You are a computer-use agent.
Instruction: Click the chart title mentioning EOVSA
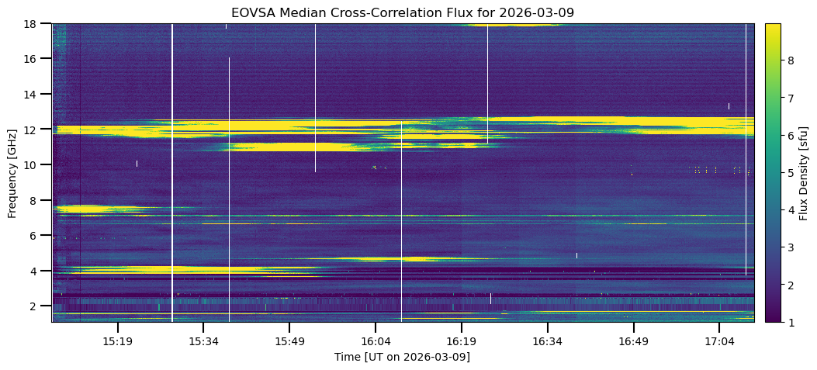click(x=402, y=12)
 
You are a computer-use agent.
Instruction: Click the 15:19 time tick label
click(x=117, y=341)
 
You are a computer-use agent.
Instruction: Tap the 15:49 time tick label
click(x=289, y=341)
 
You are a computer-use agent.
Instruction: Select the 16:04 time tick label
click(x=376, y=341)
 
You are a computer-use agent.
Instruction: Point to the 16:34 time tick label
click(x=547, y=341)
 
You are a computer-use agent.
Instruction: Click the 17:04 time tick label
click(x=719, y=341)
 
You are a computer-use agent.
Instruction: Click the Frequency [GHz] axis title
click(x=12, y=172)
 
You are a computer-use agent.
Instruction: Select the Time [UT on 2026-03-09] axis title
click(x=402, y=357)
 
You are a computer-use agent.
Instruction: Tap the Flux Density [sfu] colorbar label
click(x=804, y=172)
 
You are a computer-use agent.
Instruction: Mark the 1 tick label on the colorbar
click(x=791, y=322)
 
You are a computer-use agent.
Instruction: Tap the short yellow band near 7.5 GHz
click(x=85, y=209)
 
